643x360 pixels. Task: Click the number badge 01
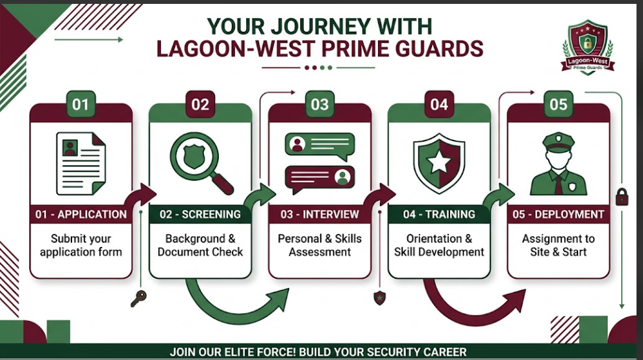coord(81,104)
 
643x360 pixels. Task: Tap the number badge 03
coord(320,104)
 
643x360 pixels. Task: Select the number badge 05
coord(559,104)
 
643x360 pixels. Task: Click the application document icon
coord(81,163)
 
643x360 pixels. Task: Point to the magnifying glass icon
coord(201,163)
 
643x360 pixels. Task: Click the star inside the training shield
coord(439,163)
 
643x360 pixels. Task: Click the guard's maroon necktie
coord(559,185)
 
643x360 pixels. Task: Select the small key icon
coord(138,298)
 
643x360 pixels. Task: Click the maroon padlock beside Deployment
coord(622,197)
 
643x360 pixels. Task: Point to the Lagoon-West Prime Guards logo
coord(588,47)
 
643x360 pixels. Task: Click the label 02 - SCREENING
coord(200,214)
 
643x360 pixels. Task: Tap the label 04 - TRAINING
coord(439,214)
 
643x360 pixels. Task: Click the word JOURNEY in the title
coord(320,27)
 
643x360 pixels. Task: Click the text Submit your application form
coord(81,245)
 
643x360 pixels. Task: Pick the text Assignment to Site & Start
coord(559,245)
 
